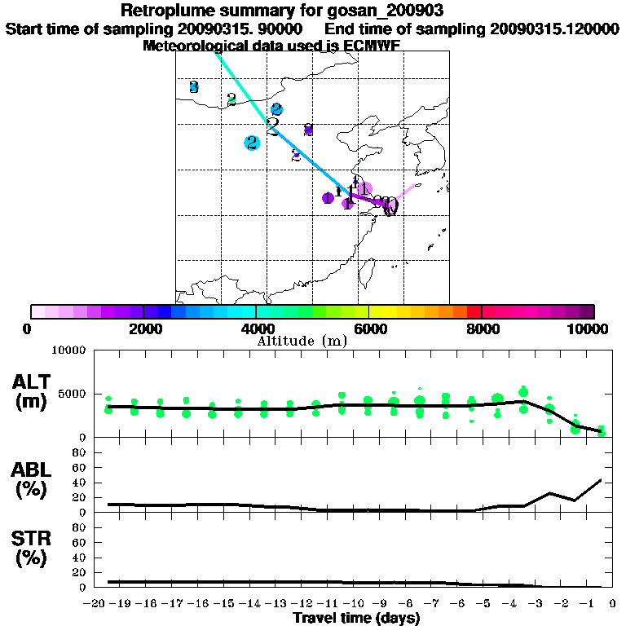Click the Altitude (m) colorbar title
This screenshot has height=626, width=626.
(x=302, y=341)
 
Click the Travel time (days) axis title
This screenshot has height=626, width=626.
(x=356, y=619)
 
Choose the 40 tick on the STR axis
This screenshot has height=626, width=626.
(x=80, y=557)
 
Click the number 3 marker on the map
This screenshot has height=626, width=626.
(x=193, y=86)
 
